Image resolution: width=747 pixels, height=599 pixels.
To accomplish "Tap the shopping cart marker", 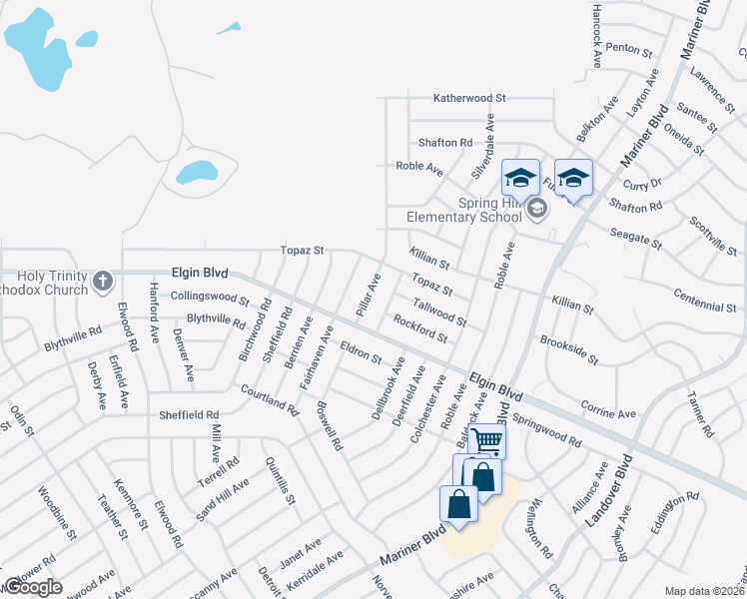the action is [x=487, y=439].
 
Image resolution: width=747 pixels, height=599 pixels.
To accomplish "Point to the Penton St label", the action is [x=628, y=47].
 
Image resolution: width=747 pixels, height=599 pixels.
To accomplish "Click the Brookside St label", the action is [x=568, y=349].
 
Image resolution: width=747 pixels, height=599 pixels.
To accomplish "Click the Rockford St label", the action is [x=419, y=329].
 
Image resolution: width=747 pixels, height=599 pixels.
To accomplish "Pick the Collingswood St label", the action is [x=209, y=298].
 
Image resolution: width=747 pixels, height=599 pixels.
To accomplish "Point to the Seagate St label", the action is [x=636, y=237].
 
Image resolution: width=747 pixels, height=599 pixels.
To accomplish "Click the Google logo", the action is [x=33, y=587].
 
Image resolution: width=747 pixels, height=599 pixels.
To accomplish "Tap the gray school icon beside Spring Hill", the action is [x=537, y=208].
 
